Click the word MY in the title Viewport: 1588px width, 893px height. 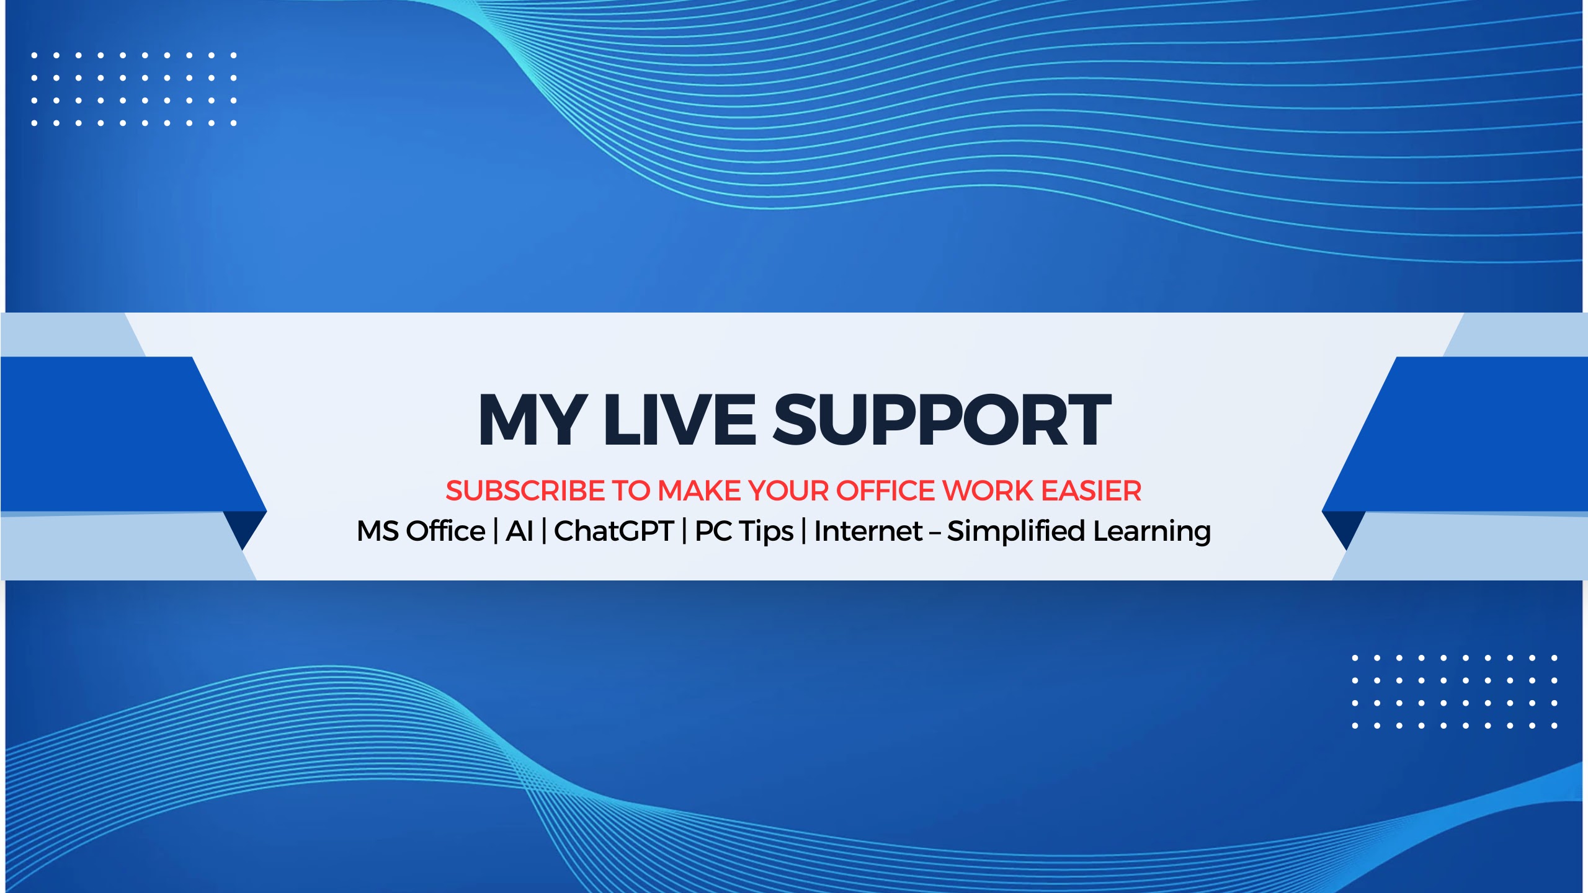point(532,420)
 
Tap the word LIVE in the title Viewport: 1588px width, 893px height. point(680,420)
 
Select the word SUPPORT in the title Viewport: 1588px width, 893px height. point(942,420)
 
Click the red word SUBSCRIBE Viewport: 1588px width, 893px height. point(525,491)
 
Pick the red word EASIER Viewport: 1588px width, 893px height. point(1091,491)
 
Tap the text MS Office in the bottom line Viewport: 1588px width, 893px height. point(421,531)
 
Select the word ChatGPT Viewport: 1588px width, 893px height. point(613,531)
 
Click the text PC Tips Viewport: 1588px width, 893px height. point(744,532)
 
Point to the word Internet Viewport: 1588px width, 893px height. point(868,531)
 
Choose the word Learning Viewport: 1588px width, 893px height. point(1152,532)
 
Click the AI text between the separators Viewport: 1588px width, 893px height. point(520,531)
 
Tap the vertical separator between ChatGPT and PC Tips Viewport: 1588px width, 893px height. point(684,531)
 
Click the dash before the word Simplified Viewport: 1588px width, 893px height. point(935,533)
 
